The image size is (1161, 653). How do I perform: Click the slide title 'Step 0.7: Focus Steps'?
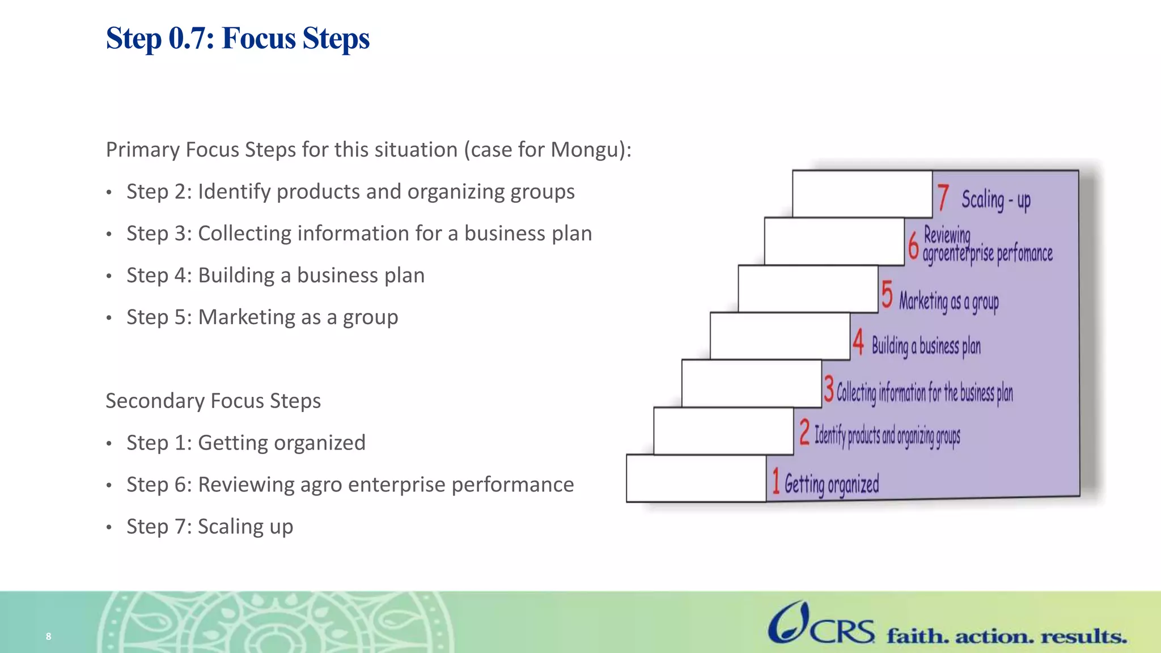(x=238, y=39)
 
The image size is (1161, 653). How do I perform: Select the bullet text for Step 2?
(x=350, y=192)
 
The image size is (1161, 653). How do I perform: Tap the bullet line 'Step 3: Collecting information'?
(x=359, y=234)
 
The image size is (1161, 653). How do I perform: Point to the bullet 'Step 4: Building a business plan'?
(x=276, y=275)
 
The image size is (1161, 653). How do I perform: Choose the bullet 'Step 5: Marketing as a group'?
(x=262, y=317)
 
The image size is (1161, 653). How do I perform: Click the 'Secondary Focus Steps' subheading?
(x=213, y=401)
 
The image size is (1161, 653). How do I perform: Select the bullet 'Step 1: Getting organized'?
(x=245, y=443)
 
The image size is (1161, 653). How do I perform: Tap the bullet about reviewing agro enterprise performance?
(x=350, y=485)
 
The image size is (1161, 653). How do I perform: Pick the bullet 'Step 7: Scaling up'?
(x=210, y=527)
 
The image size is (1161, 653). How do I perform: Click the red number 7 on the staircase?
(x=943, y=197)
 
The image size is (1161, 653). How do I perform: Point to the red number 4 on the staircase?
(x=858, y=342)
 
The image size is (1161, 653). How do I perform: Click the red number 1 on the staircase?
(x=776, y=481)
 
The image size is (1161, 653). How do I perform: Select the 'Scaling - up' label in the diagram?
(x=995, y=200)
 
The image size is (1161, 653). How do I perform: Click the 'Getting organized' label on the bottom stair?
(x=831, y=485)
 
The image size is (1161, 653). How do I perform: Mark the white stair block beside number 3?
(x=751, y=384)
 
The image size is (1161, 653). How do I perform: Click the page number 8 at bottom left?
(x=49, y=637)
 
